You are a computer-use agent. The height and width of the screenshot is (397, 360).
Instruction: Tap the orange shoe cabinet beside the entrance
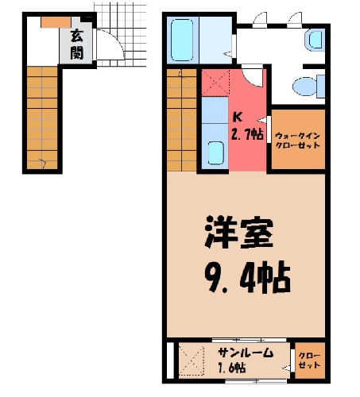click(56, 22)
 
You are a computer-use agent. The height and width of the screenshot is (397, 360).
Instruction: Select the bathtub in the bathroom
click(182, 40)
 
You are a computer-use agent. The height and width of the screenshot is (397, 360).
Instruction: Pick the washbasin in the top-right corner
click(315, 40)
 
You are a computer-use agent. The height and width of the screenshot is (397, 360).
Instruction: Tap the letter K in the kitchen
click(238, 117)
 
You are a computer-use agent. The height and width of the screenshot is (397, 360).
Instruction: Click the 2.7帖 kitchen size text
click(247, 134)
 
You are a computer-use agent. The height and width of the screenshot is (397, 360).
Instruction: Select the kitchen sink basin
click(215, 153)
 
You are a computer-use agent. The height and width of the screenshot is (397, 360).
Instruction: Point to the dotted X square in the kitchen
click(215, 83)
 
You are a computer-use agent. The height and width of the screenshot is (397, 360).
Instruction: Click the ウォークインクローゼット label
click(298, 141)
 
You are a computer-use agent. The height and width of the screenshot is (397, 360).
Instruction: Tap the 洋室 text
click(238, 232)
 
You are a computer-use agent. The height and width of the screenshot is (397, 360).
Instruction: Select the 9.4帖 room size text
click(247, 276)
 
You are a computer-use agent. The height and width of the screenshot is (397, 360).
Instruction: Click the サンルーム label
click(246, 353)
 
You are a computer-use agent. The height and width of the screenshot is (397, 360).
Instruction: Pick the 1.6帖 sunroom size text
click(232, 368)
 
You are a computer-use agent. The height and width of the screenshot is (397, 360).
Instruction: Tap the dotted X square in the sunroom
click(192, 360)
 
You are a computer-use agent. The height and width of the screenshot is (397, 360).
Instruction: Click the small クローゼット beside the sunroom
click(309, 360)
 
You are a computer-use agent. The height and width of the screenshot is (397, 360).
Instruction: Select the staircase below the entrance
click(42, 118)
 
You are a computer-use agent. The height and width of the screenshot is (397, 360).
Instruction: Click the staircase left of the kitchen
click(182, 120)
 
